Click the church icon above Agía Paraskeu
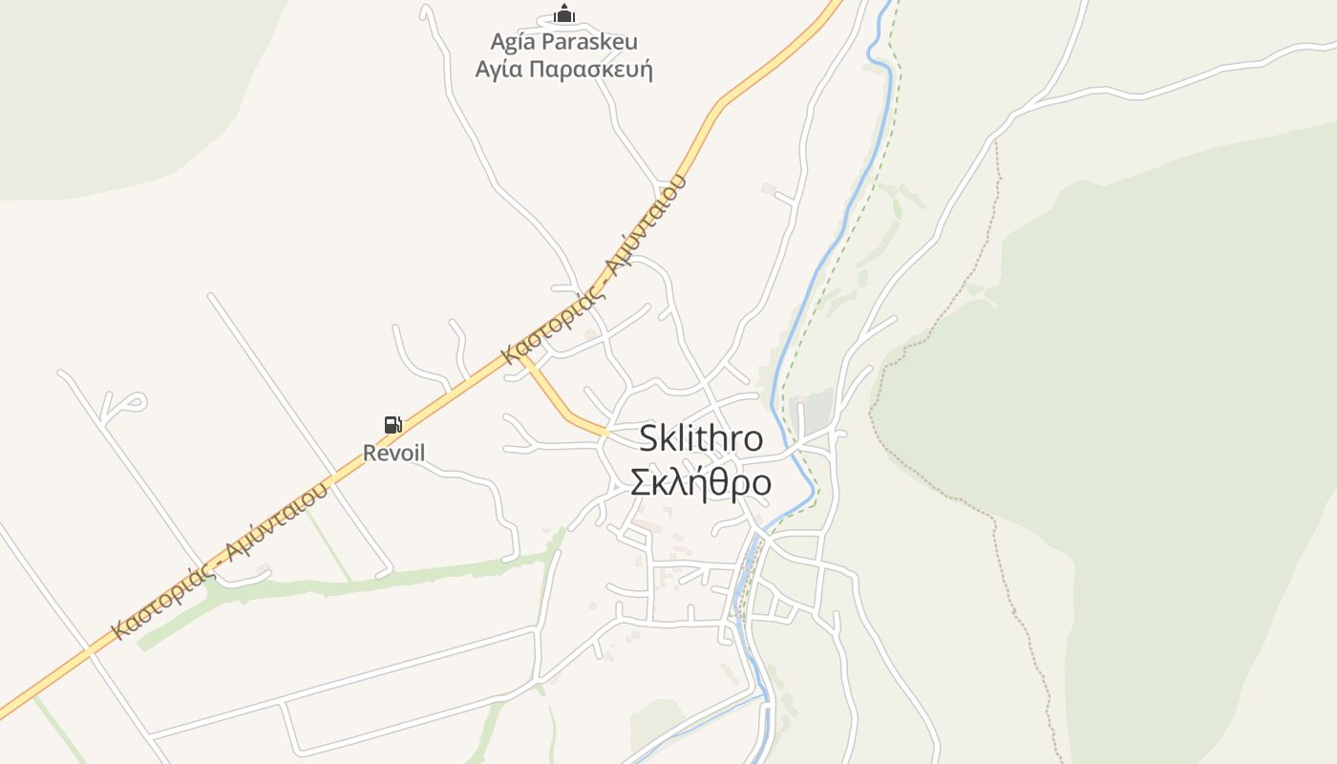[x=564, y=13]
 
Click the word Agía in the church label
[x=513, y=42]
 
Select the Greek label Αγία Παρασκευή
[x=563, y=70]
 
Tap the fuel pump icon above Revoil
[x=393, y=424]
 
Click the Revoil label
[x=393, y=453]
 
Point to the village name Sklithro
[x=701, y=438]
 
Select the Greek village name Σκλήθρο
[x=701, y=483]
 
